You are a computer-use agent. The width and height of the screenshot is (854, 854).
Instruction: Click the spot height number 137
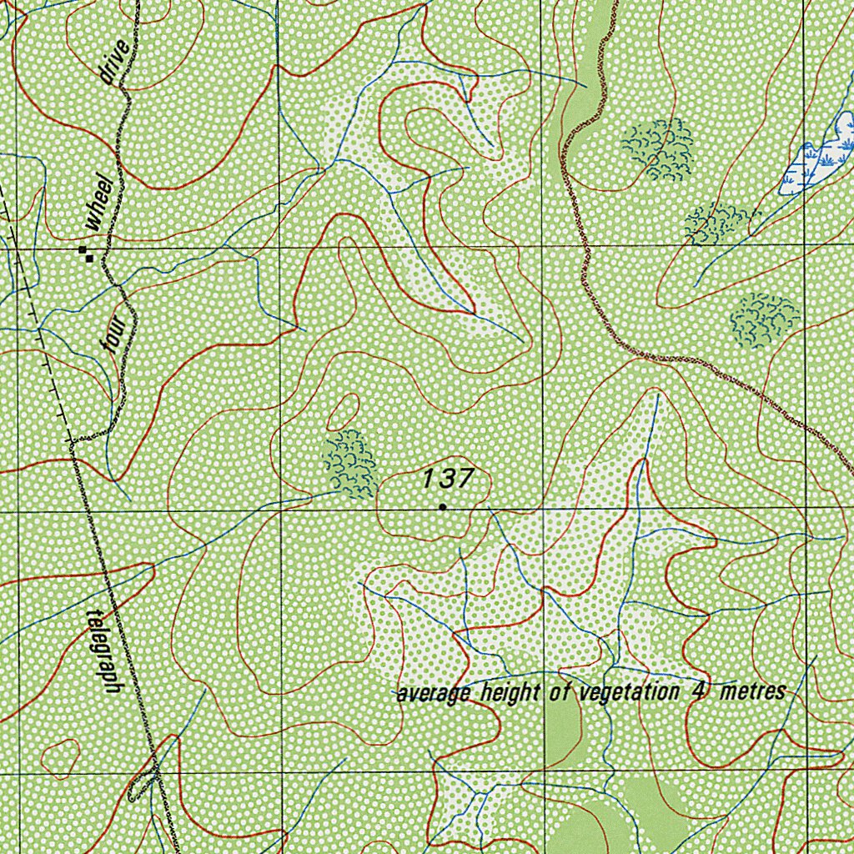click(448, 479)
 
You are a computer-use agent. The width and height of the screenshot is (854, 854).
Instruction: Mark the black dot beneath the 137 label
click(442, 506)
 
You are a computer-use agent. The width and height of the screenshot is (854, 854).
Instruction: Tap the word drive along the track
click(114, 63)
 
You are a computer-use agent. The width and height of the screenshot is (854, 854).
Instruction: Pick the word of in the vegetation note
click(557, 692)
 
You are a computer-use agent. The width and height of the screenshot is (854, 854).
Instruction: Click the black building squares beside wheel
click(86, 254)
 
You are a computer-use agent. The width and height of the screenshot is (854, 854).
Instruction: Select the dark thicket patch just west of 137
click(349, 464)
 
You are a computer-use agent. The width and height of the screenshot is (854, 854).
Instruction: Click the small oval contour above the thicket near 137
click(343, 411)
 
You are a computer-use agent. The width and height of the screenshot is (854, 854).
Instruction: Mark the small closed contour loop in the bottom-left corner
click(60, 757)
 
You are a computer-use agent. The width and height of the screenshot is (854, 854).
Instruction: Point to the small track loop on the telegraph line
click(146, 781)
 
